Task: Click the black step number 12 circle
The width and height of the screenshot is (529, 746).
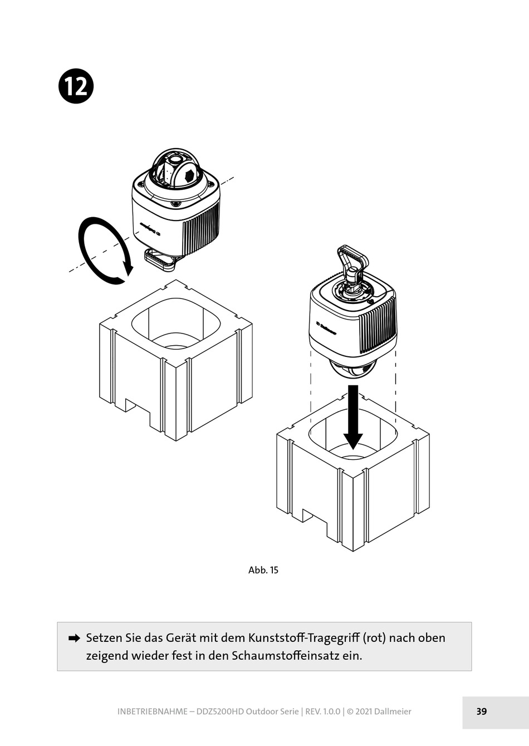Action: [76, 87]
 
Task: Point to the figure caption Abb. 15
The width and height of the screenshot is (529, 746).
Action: [263, 570]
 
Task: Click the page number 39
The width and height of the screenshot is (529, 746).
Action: [482, 711]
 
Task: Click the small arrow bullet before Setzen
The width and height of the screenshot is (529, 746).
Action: [74, 639]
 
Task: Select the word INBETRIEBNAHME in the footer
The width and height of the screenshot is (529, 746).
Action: [152, 711]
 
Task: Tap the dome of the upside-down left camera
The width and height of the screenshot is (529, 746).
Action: [175, 167]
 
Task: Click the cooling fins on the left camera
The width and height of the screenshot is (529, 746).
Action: [200, 225]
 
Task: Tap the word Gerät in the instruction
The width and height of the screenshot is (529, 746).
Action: [182, 638]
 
